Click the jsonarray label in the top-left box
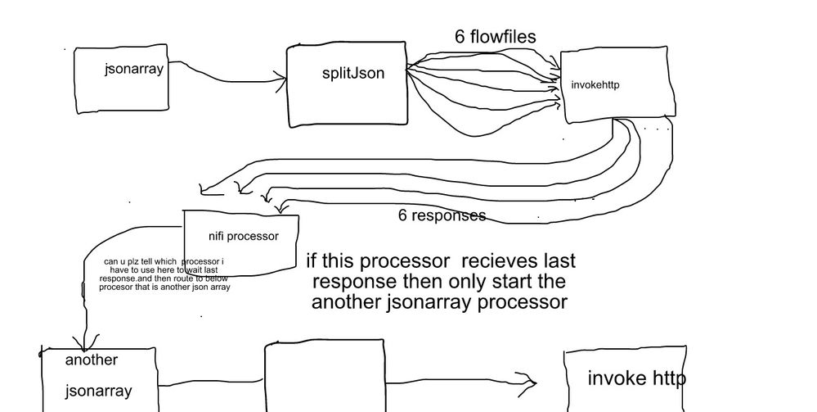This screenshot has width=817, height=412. tap(134, 69)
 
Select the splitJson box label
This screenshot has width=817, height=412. tap(352, 73)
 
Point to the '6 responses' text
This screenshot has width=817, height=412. tap(442, 215)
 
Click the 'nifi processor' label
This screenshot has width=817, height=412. tap(244, 237)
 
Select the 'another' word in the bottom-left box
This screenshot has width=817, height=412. tap(92, 360)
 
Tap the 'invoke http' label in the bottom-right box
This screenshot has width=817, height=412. tap(636, 378)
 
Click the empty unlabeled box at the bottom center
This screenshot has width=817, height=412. tap(324, 377)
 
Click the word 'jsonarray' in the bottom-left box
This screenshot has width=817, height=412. tap(98, 392)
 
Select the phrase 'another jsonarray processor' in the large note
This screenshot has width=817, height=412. tap(439, 302)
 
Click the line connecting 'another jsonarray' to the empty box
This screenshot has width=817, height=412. tap(209, 384)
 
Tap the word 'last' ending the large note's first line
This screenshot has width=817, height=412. tap(559, 261)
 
